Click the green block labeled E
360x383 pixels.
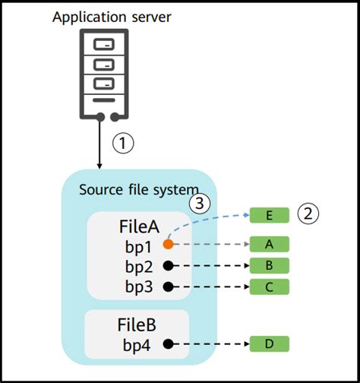(x=269, y=215)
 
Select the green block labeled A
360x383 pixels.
(x=269, y=244)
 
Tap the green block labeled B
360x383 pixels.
(x=269, y=265)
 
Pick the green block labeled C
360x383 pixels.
(x=269, y=286)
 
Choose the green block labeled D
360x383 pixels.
(x=269, y=344)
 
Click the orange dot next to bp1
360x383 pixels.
(x=169, y=244)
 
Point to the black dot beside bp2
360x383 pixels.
(x=169, y=266)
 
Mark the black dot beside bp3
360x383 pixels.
(x=169, y=287)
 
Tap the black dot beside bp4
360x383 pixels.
(x=169, y=344)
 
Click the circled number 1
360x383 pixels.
(x=123, y=143)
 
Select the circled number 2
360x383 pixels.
(x=308, y=214)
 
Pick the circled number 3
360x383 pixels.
(x=200, y=203)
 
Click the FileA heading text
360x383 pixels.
(x=139, y=226)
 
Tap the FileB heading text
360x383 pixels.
(x=137, y=324)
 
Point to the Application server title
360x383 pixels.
(x=112, y=17)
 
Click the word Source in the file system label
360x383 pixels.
(x=101, y=189)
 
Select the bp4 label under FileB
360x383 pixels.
(x=137, y=345)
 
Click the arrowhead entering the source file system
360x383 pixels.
(x=99, y=166)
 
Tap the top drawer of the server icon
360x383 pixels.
(x=104, y=45)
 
